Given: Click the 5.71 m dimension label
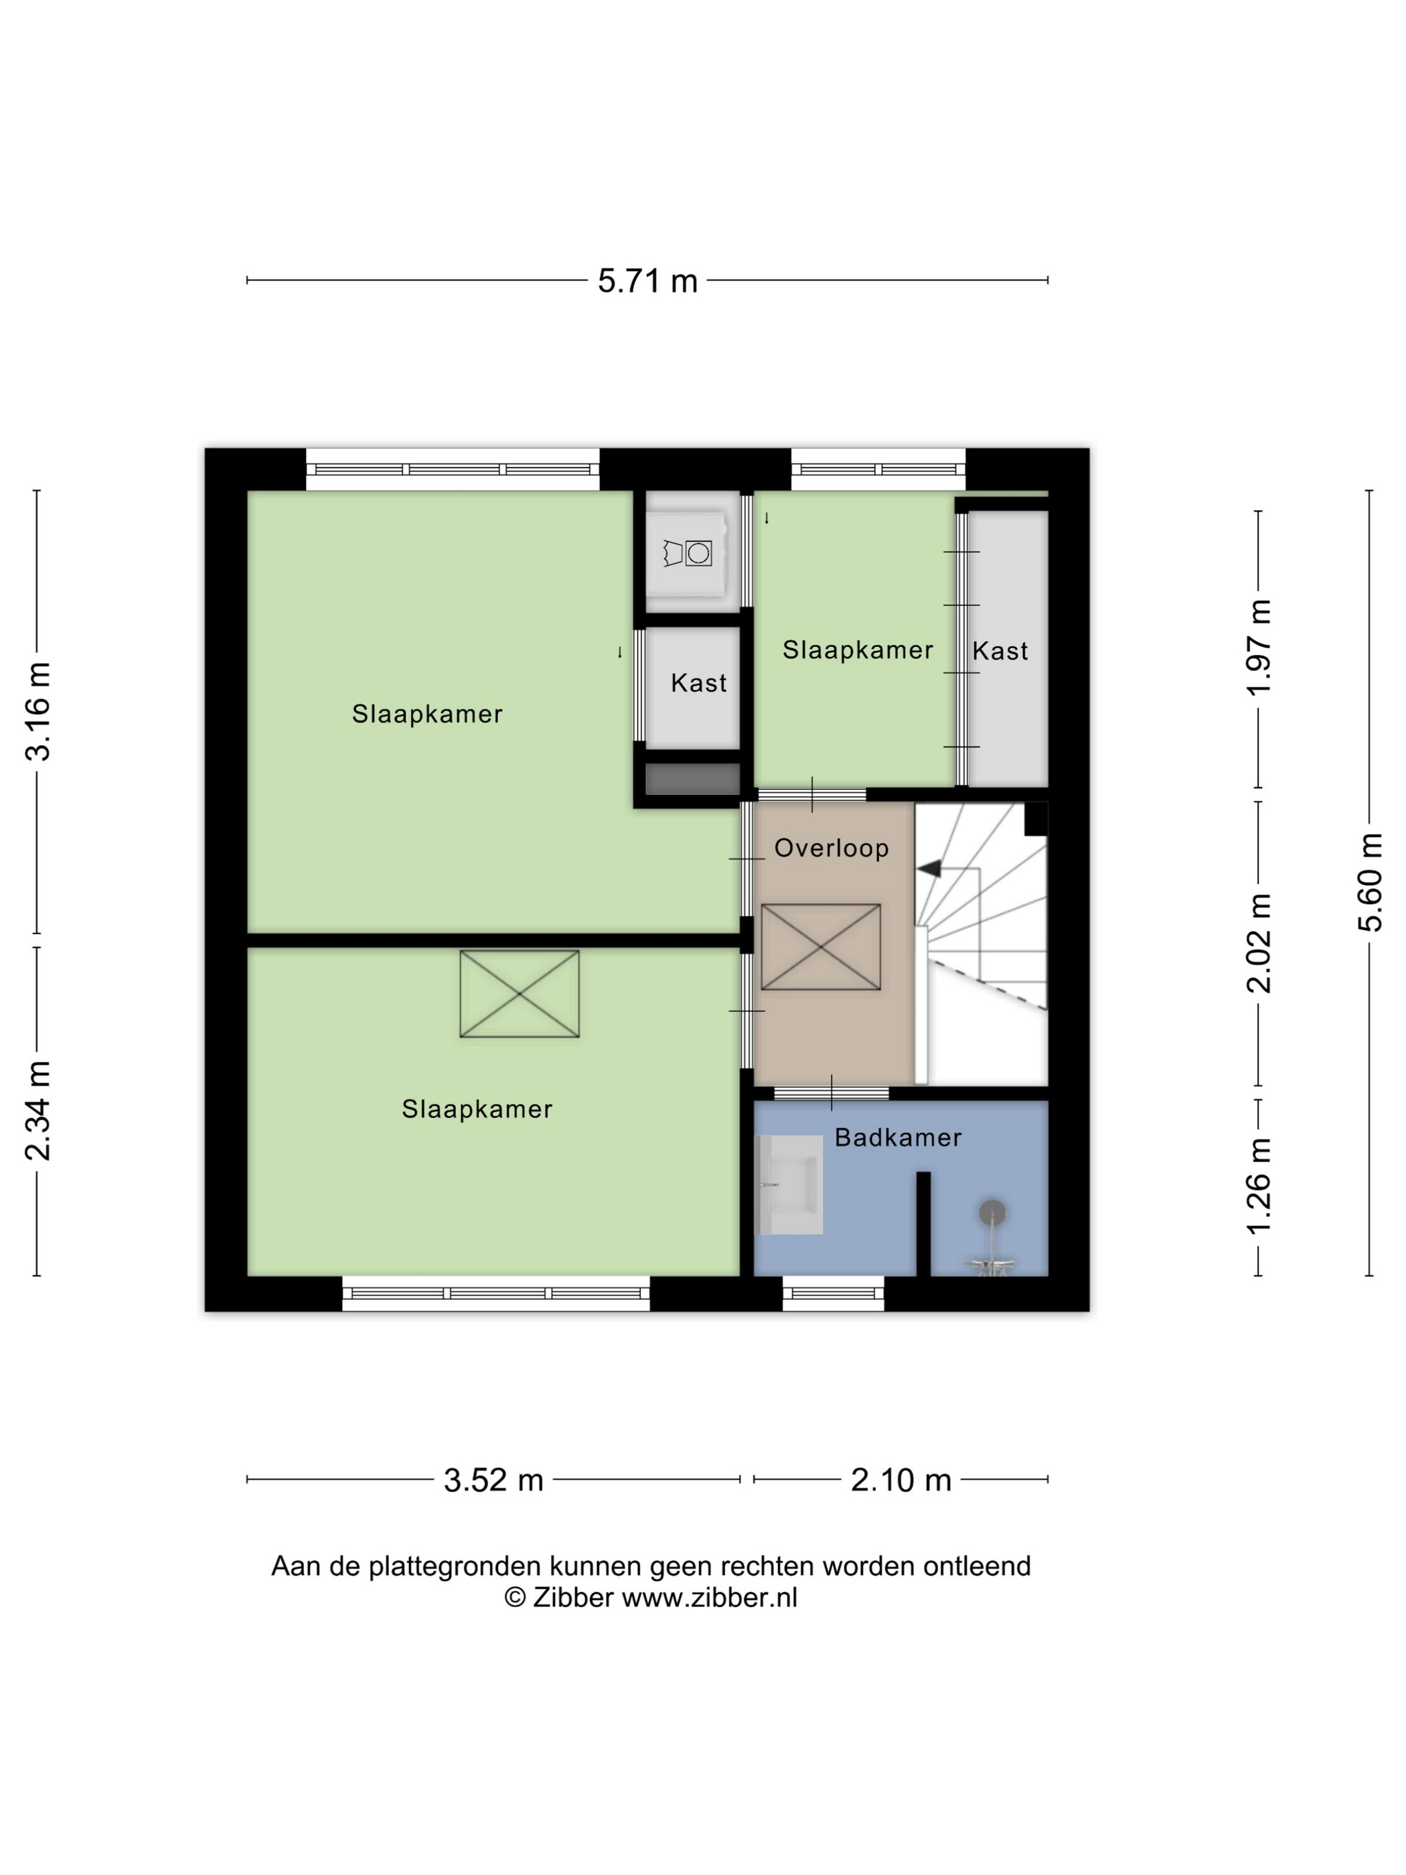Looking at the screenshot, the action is pos(647,281).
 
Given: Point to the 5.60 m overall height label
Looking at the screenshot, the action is pos(1371,883).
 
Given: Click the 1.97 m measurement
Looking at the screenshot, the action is pos(1259,648).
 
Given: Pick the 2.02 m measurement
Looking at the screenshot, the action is pos(1259,943).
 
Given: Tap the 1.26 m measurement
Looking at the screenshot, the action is pos(1259,1186).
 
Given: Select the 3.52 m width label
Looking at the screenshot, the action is pos(493,1480).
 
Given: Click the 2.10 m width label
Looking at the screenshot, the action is pos(901,1480).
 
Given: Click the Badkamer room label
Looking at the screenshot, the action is pos(899,1138).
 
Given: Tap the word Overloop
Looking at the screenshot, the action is pos(832,848).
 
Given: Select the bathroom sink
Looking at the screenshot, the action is pos(788,1184).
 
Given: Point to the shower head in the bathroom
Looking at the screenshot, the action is pos(992,1212).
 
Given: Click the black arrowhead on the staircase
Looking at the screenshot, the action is pos(930,869).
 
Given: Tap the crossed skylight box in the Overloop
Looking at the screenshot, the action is pos(820,947).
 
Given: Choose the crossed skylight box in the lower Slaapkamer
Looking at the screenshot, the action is pos(520,994).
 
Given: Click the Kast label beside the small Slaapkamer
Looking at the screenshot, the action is pos(1000,651).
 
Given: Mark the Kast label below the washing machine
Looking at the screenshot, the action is pos(698,683).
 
